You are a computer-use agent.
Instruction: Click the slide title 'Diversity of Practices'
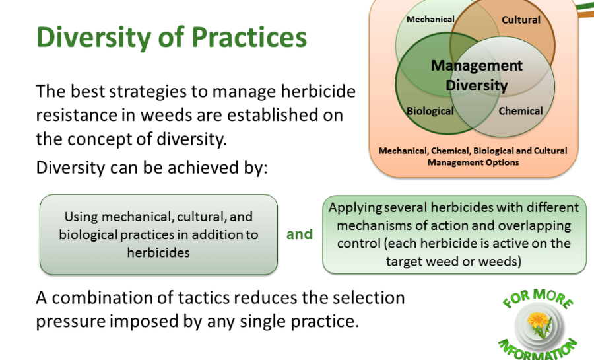(171, 38)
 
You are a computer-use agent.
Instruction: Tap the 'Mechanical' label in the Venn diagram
(430, 19)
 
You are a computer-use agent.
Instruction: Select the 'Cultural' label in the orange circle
(521, 20)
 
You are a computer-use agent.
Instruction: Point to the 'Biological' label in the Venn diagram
(430, 111)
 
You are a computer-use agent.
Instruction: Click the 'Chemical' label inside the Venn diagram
(521, 111)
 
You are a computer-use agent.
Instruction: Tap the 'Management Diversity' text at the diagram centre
(477, 75)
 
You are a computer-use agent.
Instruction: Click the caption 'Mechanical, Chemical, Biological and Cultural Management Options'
(473, 157)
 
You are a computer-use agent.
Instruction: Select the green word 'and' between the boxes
(299, 234)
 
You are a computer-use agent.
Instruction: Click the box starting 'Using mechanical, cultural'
(158, 234)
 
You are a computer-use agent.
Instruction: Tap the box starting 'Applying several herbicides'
(454, 234)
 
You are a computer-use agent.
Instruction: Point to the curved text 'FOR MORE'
(537, 298)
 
